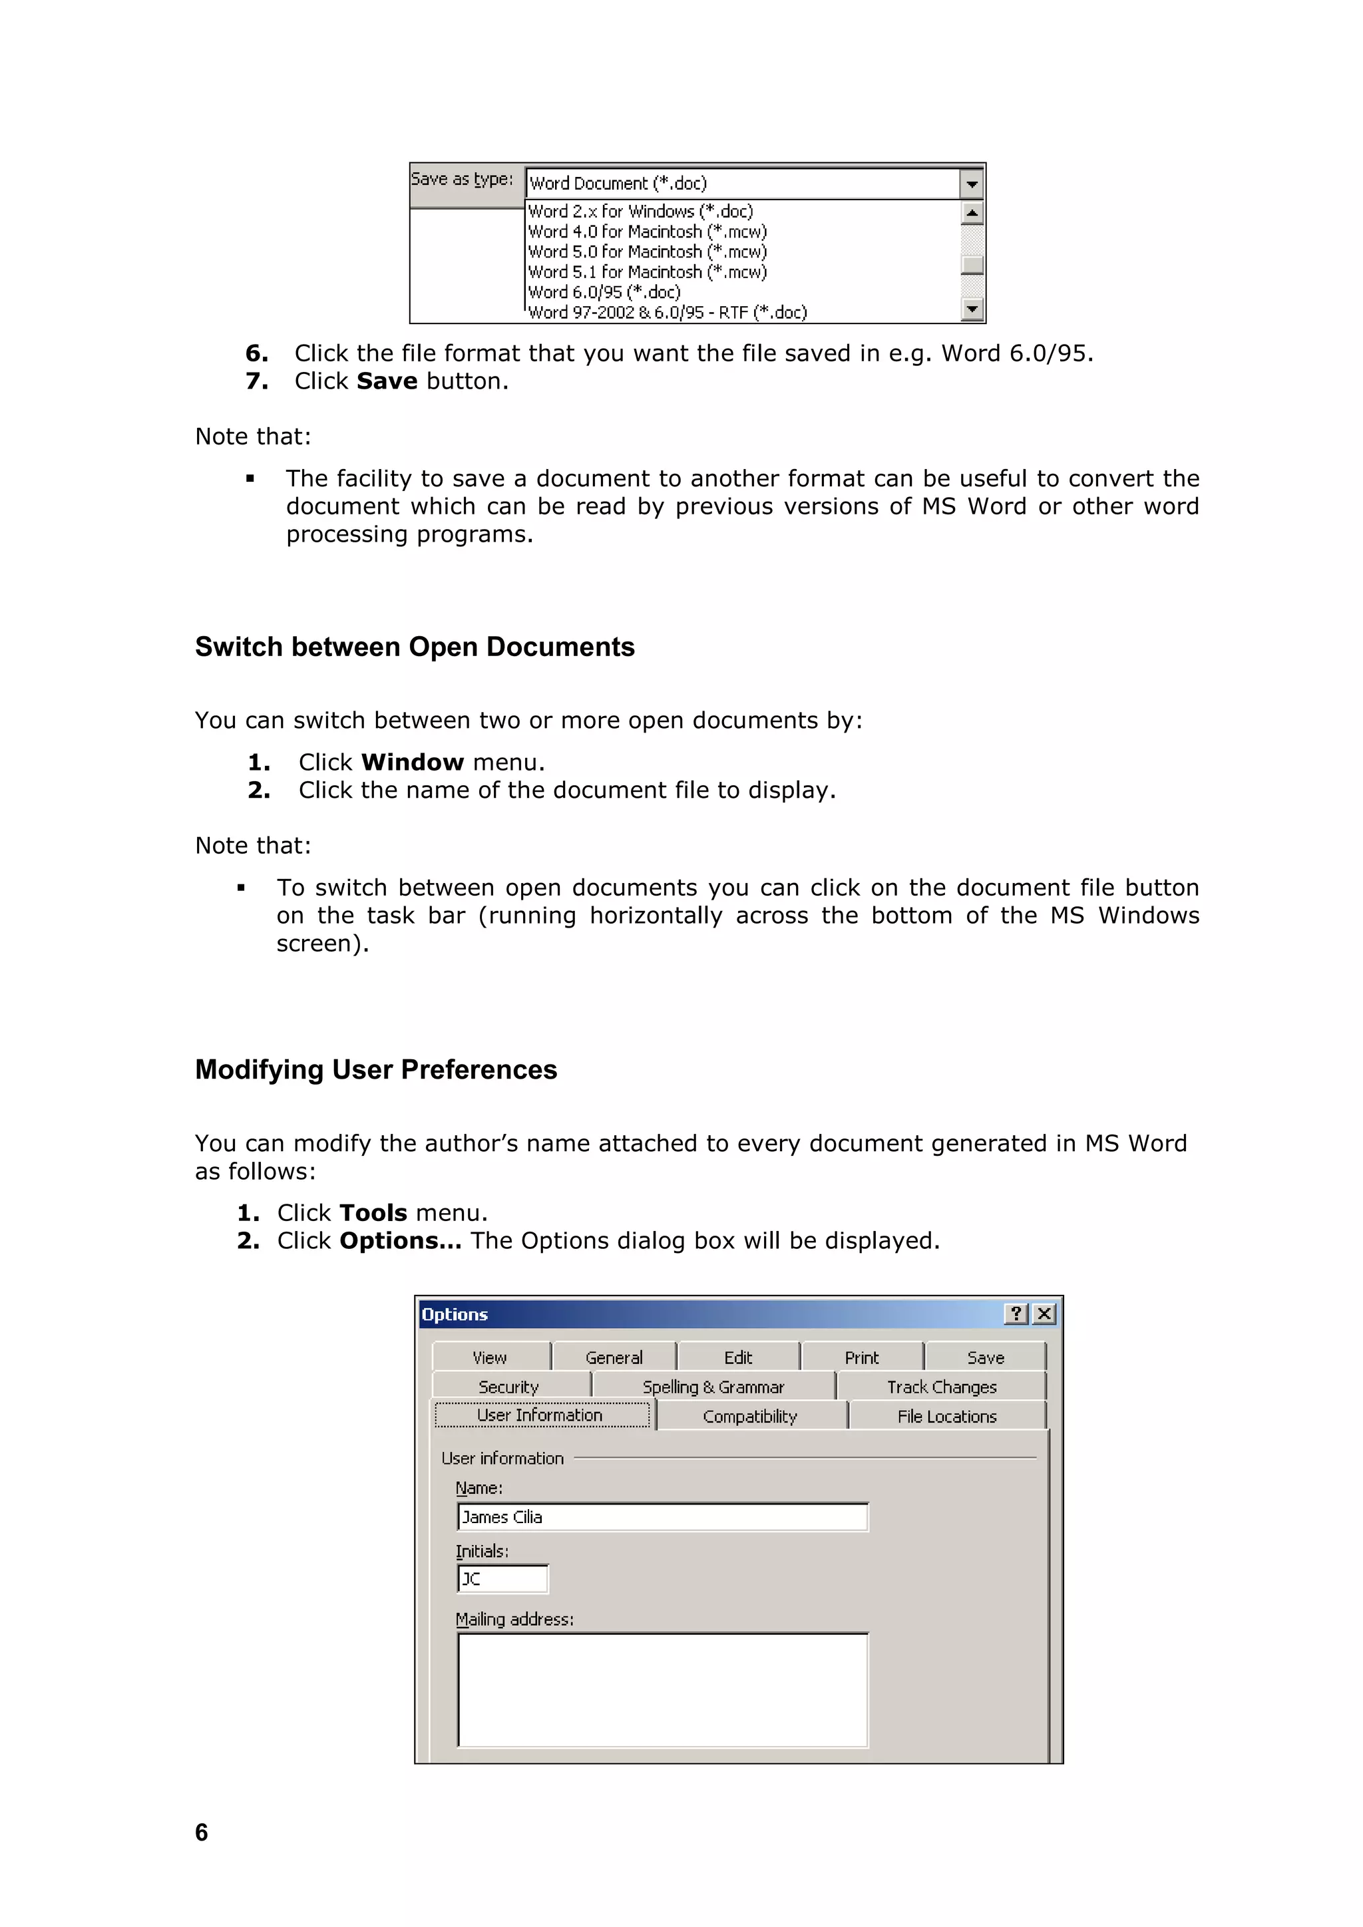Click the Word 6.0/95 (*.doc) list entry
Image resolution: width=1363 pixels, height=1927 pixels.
point(604,292)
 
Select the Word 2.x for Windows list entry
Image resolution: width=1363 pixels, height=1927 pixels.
point(640,212)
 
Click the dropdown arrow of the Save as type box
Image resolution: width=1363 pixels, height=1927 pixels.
point(971,183)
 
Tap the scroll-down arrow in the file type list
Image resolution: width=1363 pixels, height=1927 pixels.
point(972,309)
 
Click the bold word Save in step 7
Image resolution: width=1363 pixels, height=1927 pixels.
point(387,381)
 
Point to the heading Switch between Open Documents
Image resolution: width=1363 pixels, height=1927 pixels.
point(415,647)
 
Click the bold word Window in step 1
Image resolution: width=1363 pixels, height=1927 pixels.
point(412,762)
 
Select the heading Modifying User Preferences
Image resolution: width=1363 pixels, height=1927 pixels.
point(376,1070)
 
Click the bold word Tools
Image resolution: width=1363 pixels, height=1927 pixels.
point(373,1213)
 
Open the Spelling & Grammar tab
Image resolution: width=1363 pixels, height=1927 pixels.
point(713,1387)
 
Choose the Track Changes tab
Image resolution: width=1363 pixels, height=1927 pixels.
point(942,1387)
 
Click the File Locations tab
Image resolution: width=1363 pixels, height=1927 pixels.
point(947,1417)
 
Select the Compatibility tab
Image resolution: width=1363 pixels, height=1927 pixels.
point(749,1417)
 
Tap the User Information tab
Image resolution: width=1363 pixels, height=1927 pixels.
point(540,1415)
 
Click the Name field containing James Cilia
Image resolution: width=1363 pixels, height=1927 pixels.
point(663,1517)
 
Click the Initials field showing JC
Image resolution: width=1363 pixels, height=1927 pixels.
point(502,1579)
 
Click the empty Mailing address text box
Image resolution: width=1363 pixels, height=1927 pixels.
point(663,1689)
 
